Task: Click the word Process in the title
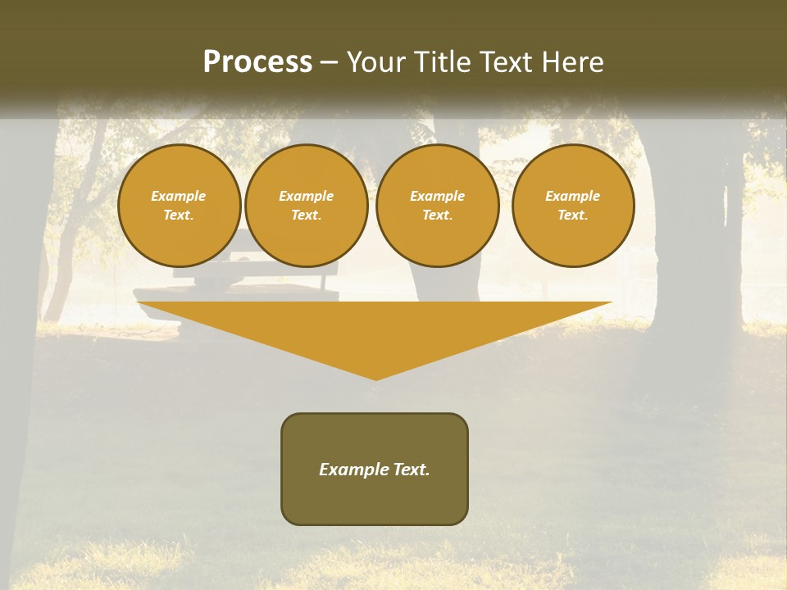(257, 62)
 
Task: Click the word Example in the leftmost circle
(179, 196)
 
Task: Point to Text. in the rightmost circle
(573, 215)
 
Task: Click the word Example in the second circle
(307, 196)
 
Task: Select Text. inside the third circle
(438, 215)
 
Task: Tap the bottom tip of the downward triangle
(376, 378)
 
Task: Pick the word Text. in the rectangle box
(412, 470)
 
